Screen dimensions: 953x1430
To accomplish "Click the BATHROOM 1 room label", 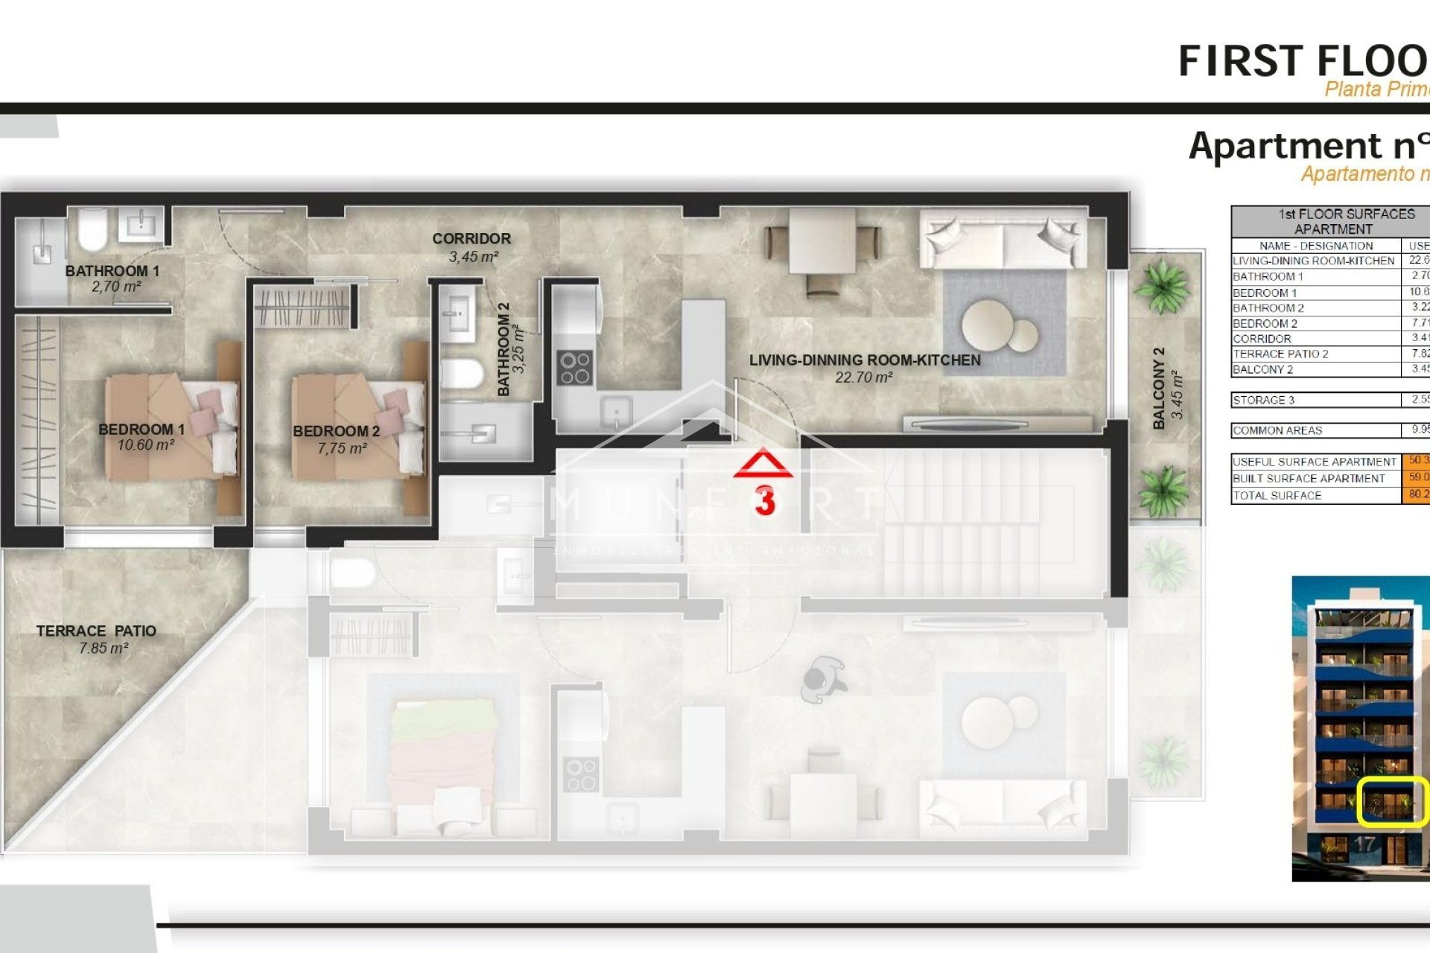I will click(x=112, y=271).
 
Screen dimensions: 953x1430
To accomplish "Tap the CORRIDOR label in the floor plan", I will click(x=471, y=239).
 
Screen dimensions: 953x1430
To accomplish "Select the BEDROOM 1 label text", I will click(x=142, y=430).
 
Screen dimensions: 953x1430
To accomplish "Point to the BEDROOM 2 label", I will click(x=336, y=431).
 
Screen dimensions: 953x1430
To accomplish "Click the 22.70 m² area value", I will click(x=864, y=377).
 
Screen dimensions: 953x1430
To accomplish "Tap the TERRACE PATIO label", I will click(x=96, y=631).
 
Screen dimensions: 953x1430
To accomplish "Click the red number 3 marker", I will click(x=765, y=501).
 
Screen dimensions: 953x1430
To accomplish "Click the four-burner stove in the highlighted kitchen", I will click(x=576, y=368).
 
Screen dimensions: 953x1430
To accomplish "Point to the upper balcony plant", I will click(x=1163, y=287).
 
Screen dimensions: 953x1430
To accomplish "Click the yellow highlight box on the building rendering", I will click(x=1392, y=801).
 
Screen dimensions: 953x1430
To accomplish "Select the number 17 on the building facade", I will click(x=1364, y=844).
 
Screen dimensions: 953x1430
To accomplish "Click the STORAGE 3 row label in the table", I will click(x=1264, y=400).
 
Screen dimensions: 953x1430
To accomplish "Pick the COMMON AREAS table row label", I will click(x=1277, y=430).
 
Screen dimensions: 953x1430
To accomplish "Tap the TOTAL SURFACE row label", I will click(x=1277, y=495).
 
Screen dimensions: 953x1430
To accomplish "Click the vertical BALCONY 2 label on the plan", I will click(x=1159, y=389).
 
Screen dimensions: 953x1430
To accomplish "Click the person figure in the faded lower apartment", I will click(x=822, y=680).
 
